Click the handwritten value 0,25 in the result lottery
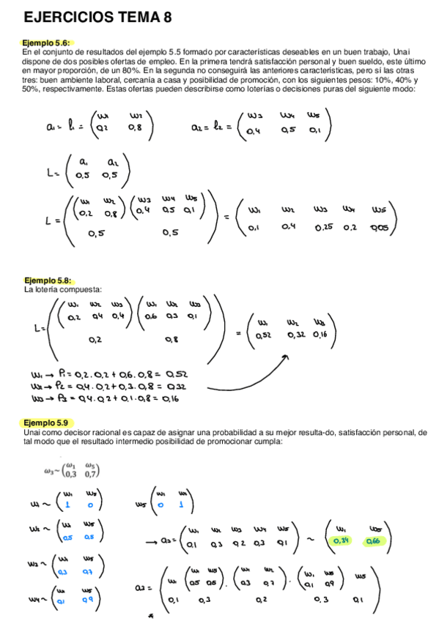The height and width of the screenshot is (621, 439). pyautogui.click(x=323, y=227)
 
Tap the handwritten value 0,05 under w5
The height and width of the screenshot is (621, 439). pyautogui.click(x=380, y=228)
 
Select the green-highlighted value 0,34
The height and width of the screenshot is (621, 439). pyautogui.click(x=342, y=541)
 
